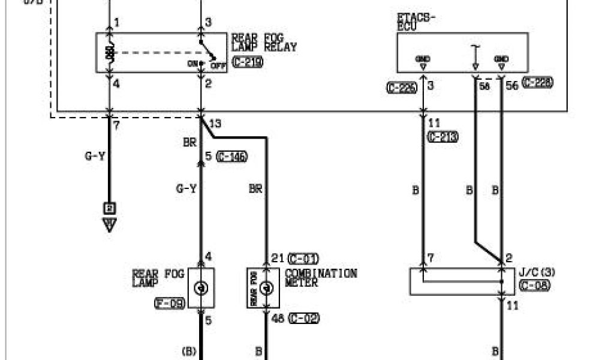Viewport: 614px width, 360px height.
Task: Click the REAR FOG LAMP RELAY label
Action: (264, 43)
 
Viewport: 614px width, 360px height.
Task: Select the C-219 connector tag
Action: (247, 61)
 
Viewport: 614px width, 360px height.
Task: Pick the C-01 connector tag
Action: (303, 259)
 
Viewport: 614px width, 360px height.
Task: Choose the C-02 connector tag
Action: (303, 319)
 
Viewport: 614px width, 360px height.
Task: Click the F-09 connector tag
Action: (170, 304)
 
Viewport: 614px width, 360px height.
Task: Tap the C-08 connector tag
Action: (535, 285)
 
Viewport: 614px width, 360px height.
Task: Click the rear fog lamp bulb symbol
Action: (201, 288)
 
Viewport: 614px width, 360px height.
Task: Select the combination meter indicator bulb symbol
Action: (267, 288)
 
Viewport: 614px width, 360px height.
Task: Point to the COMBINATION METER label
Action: (321, 278)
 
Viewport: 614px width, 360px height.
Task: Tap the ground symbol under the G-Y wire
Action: (110, 226)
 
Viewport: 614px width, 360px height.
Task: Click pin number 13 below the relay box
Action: (215, 124)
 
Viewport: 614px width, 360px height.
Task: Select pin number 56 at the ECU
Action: (511, 86)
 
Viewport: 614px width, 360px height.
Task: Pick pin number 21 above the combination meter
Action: (276, 258)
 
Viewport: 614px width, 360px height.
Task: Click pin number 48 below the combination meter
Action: (277, 319)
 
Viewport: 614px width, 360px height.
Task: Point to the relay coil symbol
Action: (110, 53)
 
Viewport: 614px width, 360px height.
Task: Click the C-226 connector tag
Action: (402, 87)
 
